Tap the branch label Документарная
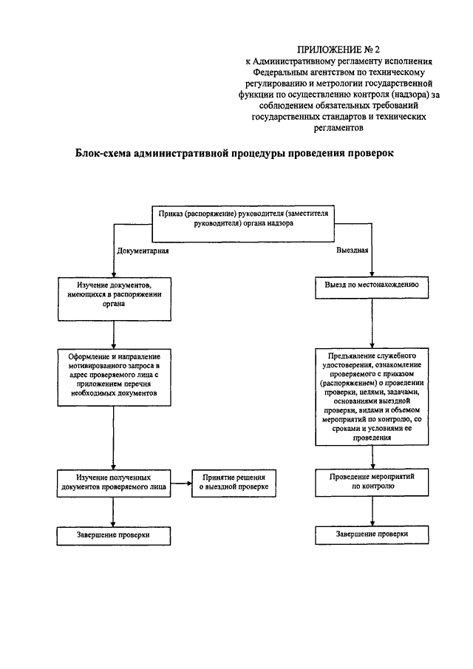coord(144,251)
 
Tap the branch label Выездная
coord(353,251)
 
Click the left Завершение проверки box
coord(114,534)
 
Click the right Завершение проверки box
coord(372,534)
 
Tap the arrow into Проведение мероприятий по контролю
coord(372,457)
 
